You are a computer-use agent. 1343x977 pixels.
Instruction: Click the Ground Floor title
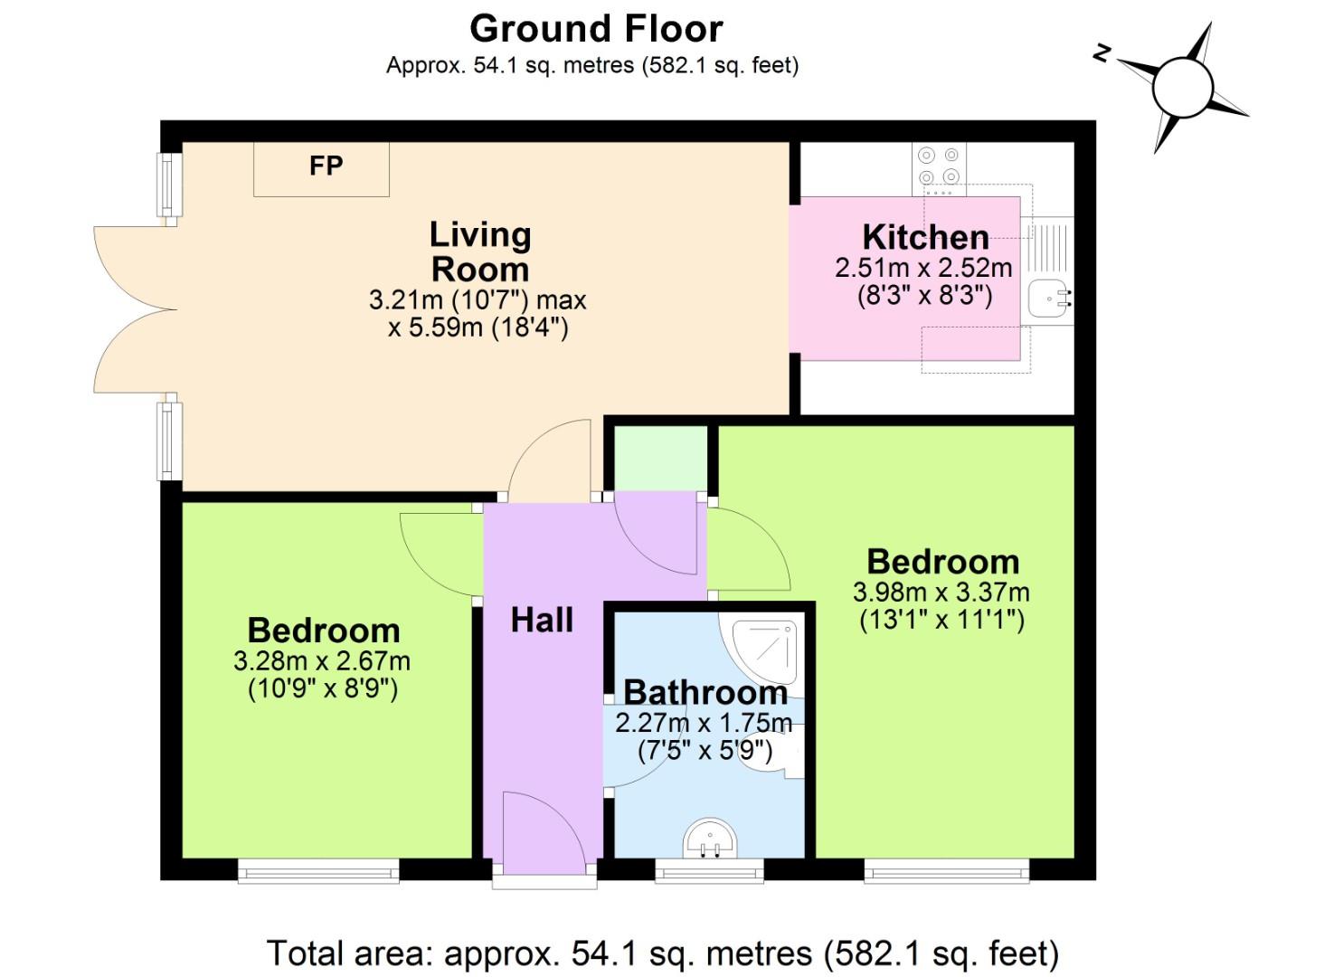pos(597,29)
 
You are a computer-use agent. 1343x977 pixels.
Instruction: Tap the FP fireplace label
pos(326,166)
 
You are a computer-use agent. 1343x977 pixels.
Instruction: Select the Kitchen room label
pos(926,238)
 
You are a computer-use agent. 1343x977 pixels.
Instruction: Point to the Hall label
pos(542,620)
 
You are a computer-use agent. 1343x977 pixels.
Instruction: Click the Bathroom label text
pos(705,693)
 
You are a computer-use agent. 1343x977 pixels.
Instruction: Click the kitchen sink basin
pos(1049,298)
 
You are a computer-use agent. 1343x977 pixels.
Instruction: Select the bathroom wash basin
pos(711,839)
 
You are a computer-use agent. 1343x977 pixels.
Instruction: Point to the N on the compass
pos(1102,54)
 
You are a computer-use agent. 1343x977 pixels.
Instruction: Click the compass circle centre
pos(1182,88)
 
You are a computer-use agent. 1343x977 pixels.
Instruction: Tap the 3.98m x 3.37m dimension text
pos(941,593)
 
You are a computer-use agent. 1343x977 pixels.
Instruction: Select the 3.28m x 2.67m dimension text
pos(322,661)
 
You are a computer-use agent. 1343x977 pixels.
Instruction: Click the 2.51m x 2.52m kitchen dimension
pos(924,268)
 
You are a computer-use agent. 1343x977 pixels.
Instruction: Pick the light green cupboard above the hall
pos(661,459)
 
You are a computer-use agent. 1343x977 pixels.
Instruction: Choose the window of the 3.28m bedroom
pos(318,870)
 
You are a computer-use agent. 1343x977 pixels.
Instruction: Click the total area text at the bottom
pos(663,953)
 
